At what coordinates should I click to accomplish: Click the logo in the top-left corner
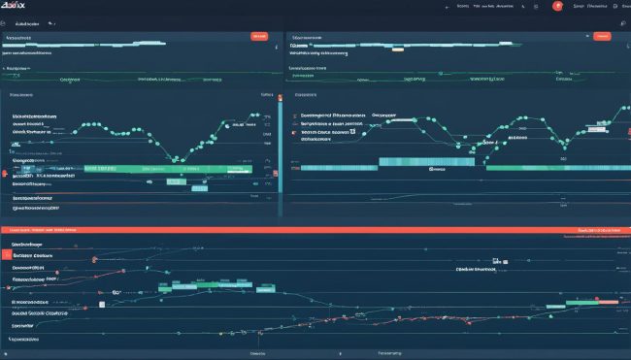point(16,7)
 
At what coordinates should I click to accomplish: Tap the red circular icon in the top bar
point(558,6)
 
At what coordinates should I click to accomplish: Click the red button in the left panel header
point(259,36)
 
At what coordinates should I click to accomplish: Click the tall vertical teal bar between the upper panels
point(281,136)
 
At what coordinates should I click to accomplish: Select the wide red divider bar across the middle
point(315,231)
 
